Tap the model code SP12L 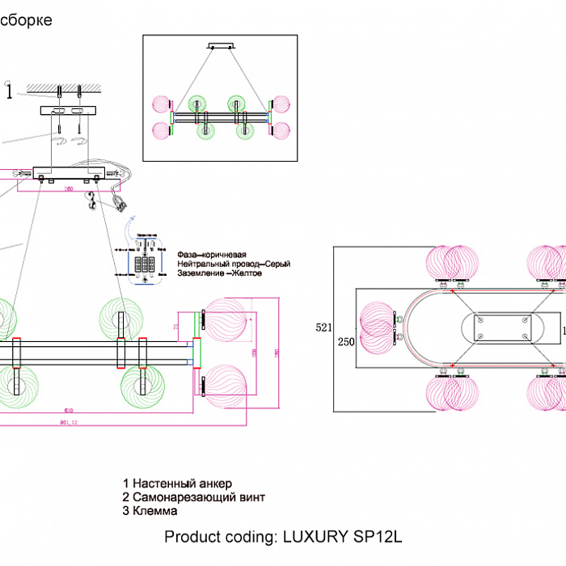click(378, 536)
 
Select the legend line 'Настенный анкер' click(173, 484)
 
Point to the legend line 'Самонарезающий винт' click(193, 497)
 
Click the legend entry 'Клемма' click(154, 511)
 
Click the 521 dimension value click(323, 327)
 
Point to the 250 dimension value click(346, 340)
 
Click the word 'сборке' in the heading click(27, 20)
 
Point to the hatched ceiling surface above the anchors click(65, 87)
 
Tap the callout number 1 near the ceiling click(9, 91)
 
